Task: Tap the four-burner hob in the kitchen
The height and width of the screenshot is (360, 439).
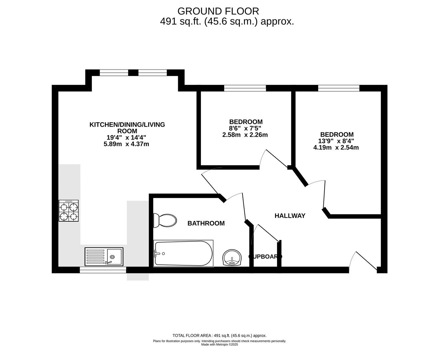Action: click(x=69, y=211)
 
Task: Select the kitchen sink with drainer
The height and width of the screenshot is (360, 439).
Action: click(x=104, y=256)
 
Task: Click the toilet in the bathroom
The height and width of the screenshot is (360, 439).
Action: click(x=165, y=220)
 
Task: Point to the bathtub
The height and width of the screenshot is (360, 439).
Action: click(x=183, y=253)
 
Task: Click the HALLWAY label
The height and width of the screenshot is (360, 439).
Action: click(x=290, y=216)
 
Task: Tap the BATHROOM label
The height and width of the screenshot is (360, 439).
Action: click(x=206, y=223)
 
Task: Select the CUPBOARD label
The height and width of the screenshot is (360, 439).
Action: click(x=265, y=257)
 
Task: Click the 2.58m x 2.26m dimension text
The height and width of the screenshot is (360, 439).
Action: click(x=245, y=135)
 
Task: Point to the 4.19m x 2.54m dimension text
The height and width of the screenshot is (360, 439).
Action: click(x=336, y=147)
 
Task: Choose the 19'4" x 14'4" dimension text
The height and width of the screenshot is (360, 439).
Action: click(x=126, y=137)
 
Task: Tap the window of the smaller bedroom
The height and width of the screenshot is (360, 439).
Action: click(x=245, y=88)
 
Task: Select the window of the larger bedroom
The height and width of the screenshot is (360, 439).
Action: click(x=339, y=88)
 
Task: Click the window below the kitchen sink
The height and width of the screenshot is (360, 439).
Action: click(x=103, y=270)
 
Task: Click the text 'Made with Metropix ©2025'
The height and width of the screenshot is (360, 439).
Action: click(x=219, y=345)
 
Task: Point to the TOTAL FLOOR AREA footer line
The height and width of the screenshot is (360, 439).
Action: click(x=219, y=336)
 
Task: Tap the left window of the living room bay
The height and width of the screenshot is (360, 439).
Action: click(x=114, y=73)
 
